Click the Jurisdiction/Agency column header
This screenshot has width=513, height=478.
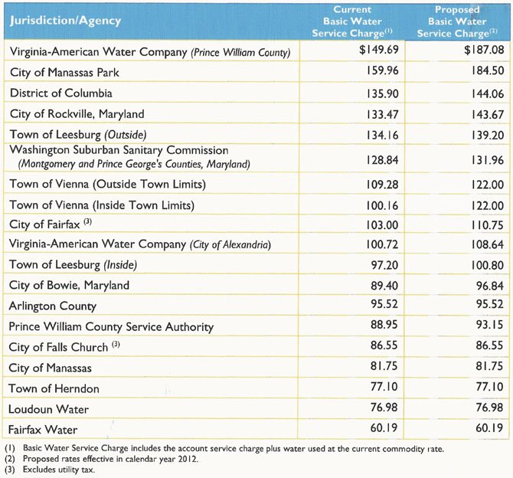(65, 21)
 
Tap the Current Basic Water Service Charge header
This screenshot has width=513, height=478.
(352, 21)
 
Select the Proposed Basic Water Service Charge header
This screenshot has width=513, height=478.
(457, 21)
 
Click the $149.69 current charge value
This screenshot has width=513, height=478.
(379, 50)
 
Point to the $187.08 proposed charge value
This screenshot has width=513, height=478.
(484, 50)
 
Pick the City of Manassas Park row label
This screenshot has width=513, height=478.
(64, 72)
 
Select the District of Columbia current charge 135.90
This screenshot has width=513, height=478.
(382, 94)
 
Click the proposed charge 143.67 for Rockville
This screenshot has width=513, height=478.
(488, 115)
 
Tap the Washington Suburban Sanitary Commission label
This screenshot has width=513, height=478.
(119, 150)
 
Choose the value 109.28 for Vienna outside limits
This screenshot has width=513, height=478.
(382, 185)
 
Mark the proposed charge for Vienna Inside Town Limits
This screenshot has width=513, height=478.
(488, 205)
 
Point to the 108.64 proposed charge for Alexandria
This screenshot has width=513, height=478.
(488, 244)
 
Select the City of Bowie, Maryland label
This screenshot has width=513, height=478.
(69, 285)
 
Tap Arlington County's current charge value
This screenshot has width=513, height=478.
(384, 304)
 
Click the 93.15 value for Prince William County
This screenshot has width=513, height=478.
(489, 325)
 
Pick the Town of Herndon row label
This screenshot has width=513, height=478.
(54, 388)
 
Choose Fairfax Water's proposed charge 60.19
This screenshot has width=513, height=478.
(489, 427)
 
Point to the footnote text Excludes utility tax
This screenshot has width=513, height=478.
(59, 470)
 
